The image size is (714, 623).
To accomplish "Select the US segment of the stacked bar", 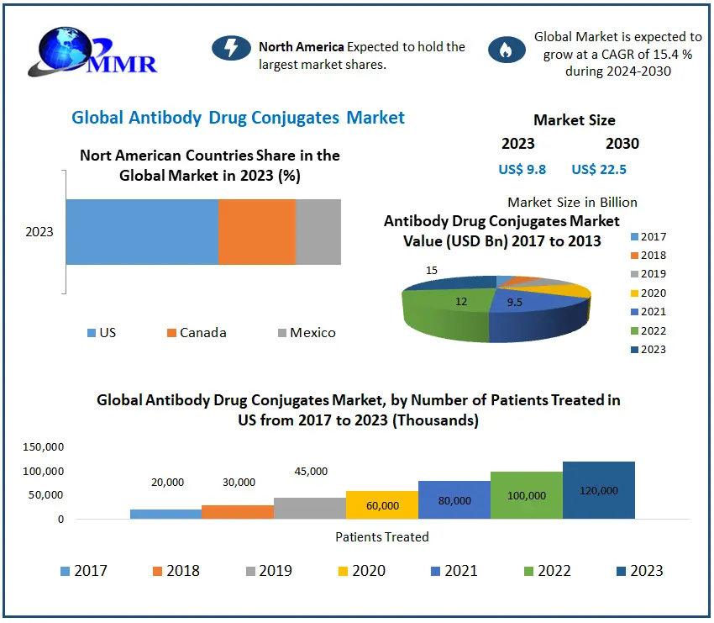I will [142, 232].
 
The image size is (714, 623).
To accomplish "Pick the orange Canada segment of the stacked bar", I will [257, 232].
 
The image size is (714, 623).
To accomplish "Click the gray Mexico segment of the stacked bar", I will [318, 232].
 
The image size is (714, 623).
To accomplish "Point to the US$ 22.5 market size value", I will [599, 170].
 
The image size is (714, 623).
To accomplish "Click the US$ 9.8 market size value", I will [522, 170].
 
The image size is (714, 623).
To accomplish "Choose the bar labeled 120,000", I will [599, 490].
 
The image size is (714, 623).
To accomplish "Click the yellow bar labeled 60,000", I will [382, 504].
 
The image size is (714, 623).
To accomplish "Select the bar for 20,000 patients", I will [165, 514].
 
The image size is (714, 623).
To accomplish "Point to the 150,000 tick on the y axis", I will [44, 446].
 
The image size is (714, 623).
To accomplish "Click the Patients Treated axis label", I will [382, 537].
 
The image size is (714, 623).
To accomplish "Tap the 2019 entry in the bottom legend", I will [270, 571].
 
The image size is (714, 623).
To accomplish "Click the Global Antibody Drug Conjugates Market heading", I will [239, 118].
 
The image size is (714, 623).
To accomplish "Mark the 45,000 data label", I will [311, 472].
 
